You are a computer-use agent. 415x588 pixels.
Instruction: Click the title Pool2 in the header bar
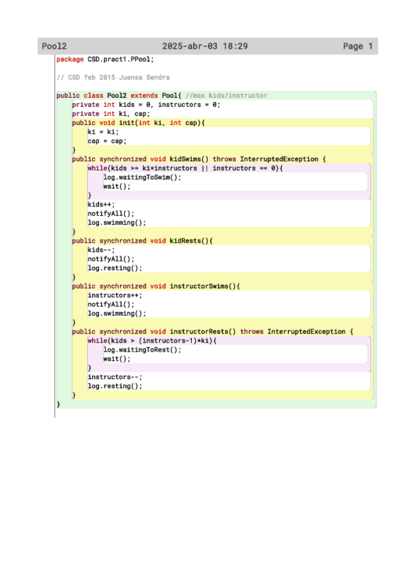pos(54,46)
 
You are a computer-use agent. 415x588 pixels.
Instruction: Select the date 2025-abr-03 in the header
pos(190,46)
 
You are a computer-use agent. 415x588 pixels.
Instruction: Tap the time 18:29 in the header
pos(236,46)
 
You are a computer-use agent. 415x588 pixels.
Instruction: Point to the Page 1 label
pos(357,46)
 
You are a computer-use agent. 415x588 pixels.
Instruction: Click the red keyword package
pos(70,59)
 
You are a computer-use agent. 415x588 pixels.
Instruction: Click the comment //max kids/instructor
pos(227,96)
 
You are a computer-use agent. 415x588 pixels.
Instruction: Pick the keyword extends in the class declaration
pos(144,96)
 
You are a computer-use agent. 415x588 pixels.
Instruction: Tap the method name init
pos(127,123)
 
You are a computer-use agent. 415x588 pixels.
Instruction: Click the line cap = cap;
pos(107,141)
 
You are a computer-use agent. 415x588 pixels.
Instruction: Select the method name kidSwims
pos(185,159)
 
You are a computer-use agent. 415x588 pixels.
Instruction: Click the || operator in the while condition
pos(205,168)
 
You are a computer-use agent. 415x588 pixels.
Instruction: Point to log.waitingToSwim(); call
pos(142,178)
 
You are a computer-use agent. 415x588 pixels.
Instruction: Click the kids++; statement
pos(101,205)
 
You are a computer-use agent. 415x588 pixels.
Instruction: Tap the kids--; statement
pos(101,250)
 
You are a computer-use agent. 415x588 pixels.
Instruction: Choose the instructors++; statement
pos(115,295)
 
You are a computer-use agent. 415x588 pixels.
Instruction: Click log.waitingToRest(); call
pos(142,350)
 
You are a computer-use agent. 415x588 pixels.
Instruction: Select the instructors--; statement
pos(115,377)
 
